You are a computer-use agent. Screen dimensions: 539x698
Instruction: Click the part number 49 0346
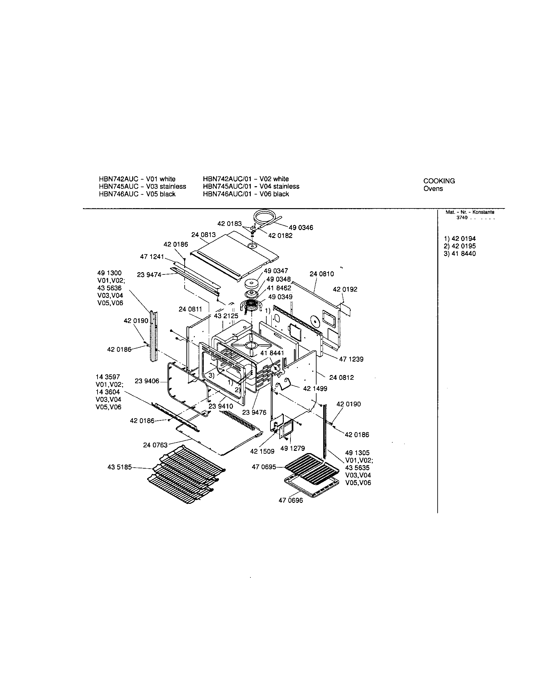click(x=301, y=227)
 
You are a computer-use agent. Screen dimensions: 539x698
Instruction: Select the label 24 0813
click(x=204, y=235)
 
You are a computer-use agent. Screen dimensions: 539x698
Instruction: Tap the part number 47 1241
click(x=152, y=257)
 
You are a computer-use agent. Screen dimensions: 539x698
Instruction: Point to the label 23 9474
click(x=149, y=275)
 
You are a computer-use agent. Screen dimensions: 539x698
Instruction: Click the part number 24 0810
click(x=322, y=274)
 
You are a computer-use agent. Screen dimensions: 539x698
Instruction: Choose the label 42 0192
click(x=345, y=289)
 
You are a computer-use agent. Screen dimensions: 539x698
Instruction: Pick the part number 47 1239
click(x=351, y=359)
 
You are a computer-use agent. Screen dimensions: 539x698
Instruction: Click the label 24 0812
click(x=342, y=378)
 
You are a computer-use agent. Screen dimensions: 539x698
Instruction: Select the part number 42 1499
click(x=315, y=389)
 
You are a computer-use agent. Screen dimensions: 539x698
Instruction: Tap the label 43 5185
click(x=119, y=467)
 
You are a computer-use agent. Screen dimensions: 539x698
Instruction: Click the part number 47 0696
click(x=290, y=500)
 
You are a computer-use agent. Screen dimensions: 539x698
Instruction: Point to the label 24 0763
click(x=155, y=445)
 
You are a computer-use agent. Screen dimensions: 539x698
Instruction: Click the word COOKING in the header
click(x=439, y=181)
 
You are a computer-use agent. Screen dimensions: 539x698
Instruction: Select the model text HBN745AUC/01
click(x=229, y=186)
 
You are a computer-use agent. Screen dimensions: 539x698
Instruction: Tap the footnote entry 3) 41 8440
click(x=460, y=254)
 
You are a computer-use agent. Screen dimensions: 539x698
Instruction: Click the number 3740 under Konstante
click(x=462, y=218)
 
